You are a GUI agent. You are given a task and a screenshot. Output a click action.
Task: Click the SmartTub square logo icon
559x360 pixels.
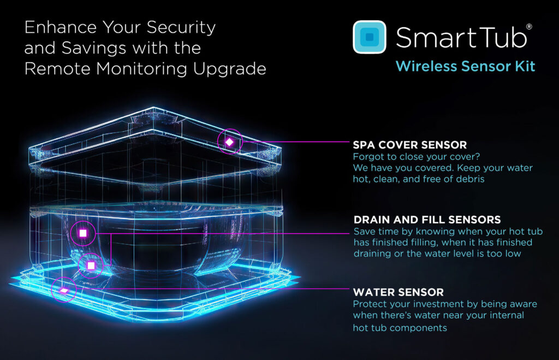(x=370, y=37)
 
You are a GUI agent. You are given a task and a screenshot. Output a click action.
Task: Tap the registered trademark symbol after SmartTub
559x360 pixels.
(x=529, y=26)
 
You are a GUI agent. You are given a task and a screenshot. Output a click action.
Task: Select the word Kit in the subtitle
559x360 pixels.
(x=525, y=66)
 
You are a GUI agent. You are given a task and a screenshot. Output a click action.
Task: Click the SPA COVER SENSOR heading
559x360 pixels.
(x=409, y=145)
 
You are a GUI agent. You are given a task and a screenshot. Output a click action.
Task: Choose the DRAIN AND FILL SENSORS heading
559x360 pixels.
(x=427, y=220)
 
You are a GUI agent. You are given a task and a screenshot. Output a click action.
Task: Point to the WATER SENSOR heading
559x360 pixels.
(x=398, y=292)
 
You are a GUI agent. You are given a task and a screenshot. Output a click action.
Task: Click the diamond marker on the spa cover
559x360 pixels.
(x=230, y=142)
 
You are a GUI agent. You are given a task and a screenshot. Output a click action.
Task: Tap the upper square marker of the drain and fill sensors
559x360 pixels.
(x=83, y=233)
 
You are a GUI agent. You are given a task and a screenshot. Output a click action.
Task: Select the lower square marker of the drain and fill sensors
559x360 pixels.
(x=91, y=265)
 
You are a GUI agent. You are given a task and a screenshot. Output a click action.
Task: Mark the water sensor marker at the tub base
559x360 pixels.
(x=64, y=291)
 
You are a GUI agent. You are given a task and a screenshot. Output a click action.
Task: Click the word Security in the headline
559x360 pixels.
(x=181, y=28)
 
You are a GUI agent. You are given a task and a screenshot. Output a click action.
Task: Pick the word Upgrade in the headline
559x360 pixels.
(x=230, y=69)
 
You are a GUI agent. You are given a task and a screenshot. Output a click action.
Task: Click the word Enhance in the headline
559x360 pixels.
(x=61, y=27)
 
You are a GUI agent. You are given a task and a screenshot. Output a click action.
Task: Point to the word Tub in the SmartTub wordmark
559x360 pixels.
(x=501, y=37)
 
